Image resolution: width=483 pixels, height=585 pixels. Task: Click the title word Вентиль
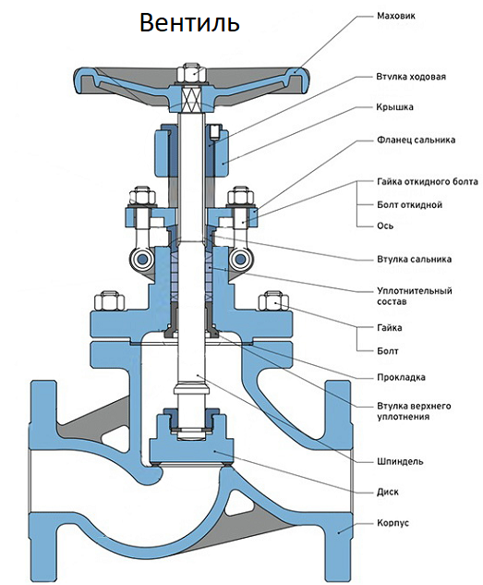click(189, 23)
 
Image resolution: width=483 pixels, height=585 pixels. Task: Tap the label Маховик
click(396, 16)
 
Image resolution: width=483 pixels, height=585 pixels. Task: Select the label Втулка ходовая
click(411, 77)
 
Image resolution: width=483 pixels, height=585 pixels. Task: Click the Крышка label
click(394, 107)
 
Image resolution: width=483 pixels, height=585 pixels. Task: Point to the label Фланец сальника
click(416, 140)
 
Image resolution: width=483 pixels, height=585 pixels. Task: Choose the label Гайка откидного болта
click(428, 182)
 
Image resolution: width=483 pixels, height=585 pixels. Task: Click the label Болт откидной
click(410, 205)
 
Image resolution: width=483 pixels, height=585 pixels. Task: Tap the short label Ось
click(385, 225)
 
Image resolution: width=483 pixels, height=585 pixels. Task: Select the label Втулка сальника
click(414, 260)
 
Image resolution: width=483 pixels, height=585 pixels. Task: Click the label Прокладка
click(401, 377)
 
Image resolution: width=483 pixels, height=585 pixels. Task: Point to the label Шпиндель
click(400, 461)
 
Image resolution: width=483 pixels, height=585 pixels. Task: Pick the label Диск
click(388, 492)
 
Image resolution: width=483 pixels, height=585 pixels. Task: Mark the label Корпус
click(392, 523)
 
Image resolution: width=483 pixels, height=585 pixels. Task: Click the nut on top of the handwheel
click(190, 73)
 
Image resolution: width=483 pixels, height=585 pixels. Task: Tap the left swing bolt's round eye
click(141, 259)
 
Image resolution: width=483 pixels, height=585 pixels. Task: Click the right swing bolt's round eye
click(241, 259)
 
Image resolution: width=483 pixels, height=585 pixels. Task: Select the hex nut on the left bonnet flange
click(109, 300)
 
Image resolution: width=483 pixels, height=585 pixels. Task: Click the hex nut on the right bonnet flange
click(273, 300)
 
